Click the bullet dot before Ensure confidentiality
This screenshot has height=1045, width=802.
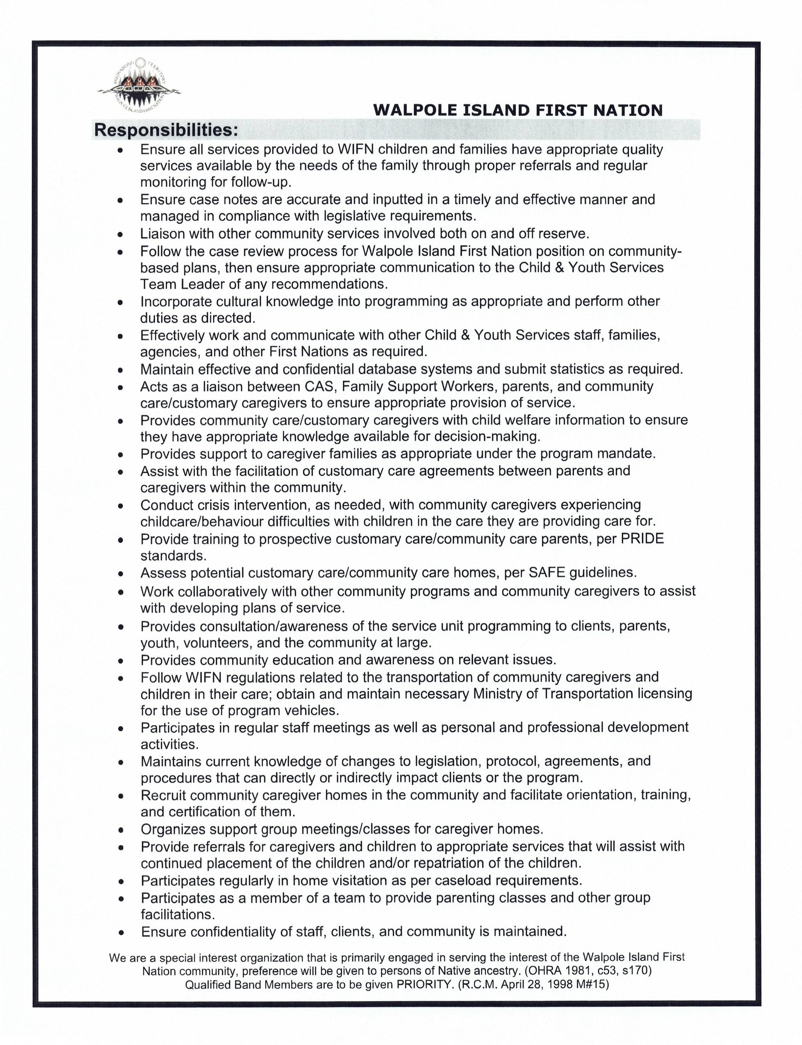121,932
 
